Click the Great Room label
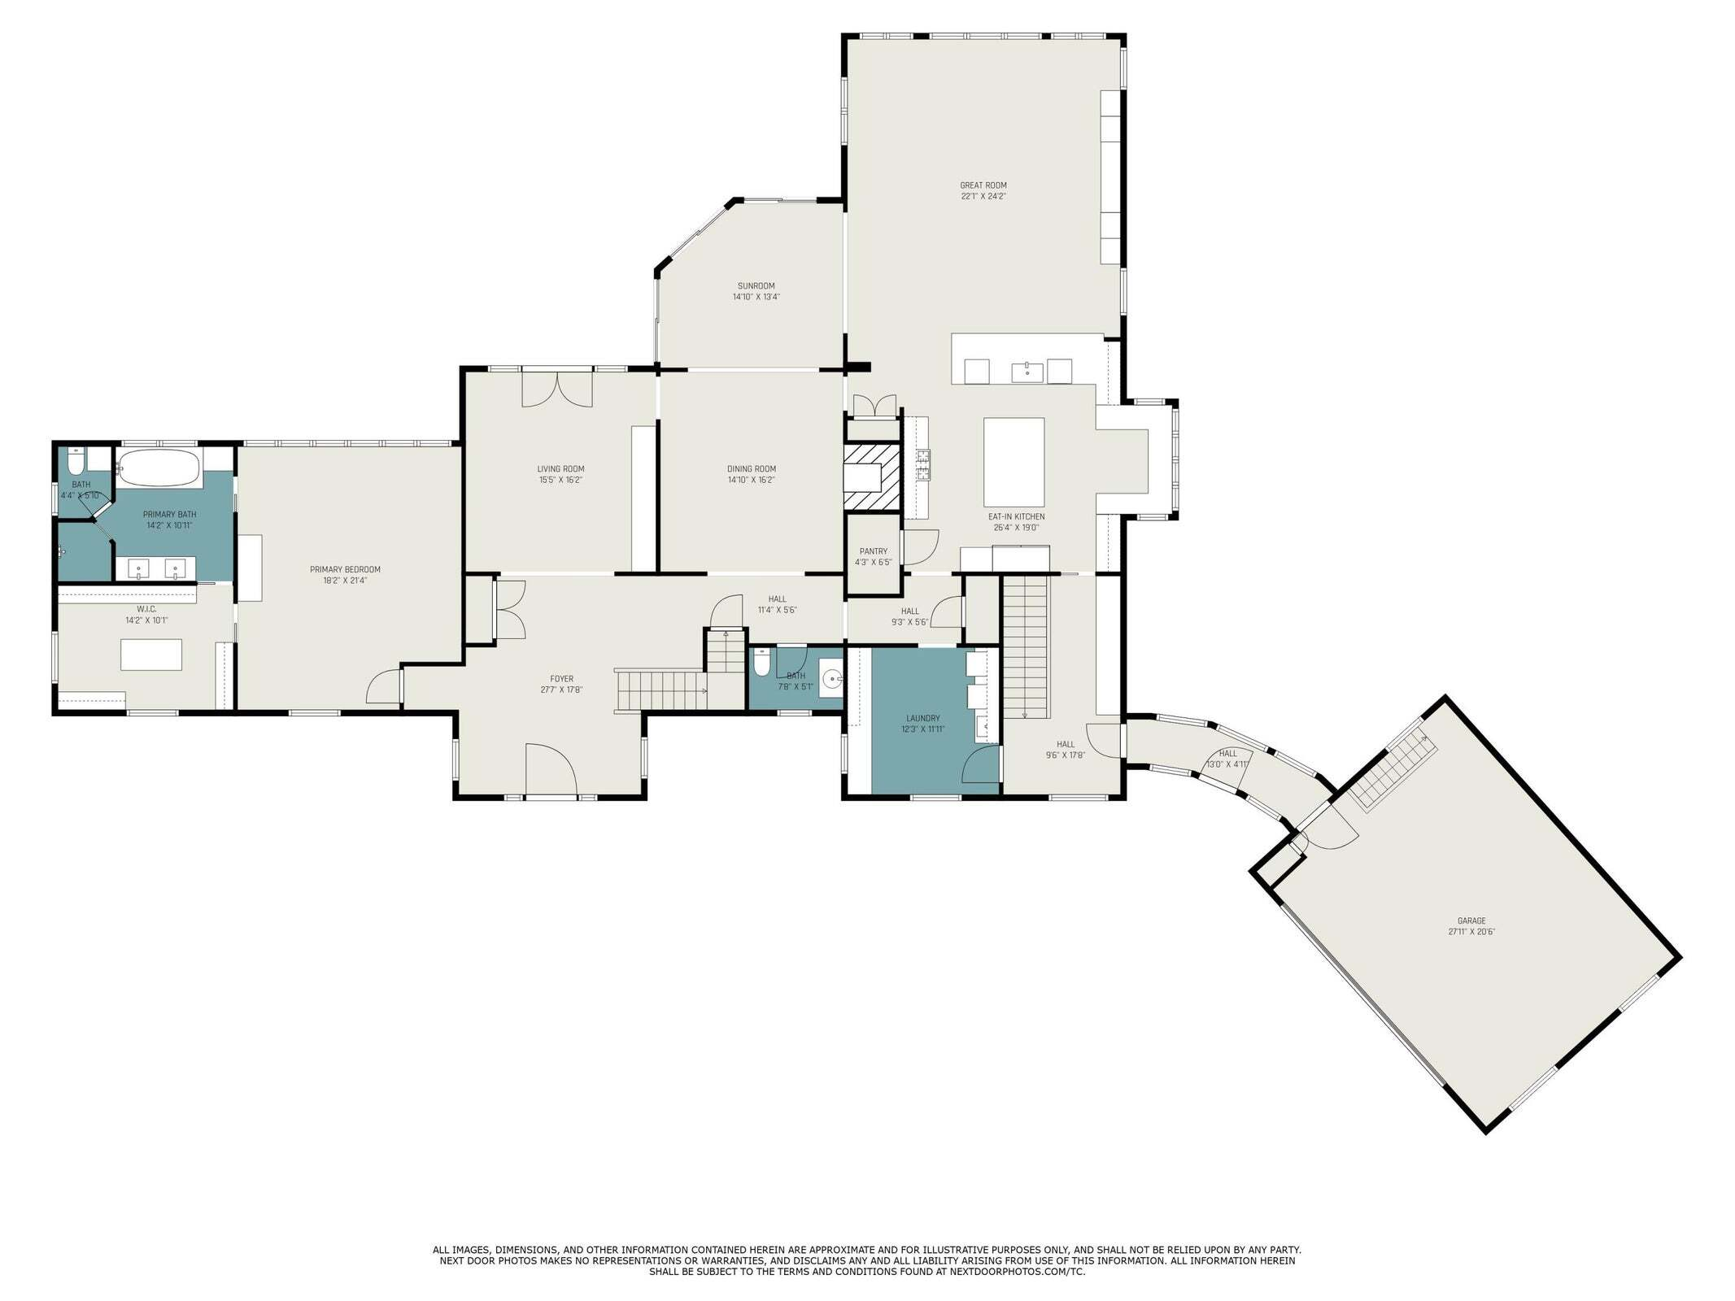[x=983, y=185]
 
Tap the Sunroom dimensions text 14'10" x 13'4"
[x=756, y=297]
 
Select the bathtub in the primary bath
[x=158, y=468]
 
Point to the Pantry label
[x=873, y=551]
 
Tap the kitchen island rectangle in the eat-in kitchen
[x=1014, y=462]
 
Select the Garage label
[x=1471, y=921]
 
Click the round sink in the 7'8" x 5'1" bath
[x=831, y=678]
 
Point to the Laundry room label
[x=922, y=718]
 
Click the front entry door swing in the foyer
[x=551, y=769]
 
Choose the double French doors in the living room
[x=556, y=388]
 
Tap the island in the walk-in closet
[x=151, y=655]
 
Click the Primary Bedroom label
[x=345, y=569]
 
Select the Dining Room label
[x=751, y=468]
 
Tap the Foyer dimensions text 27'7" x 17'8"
[x=561, y=690]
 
